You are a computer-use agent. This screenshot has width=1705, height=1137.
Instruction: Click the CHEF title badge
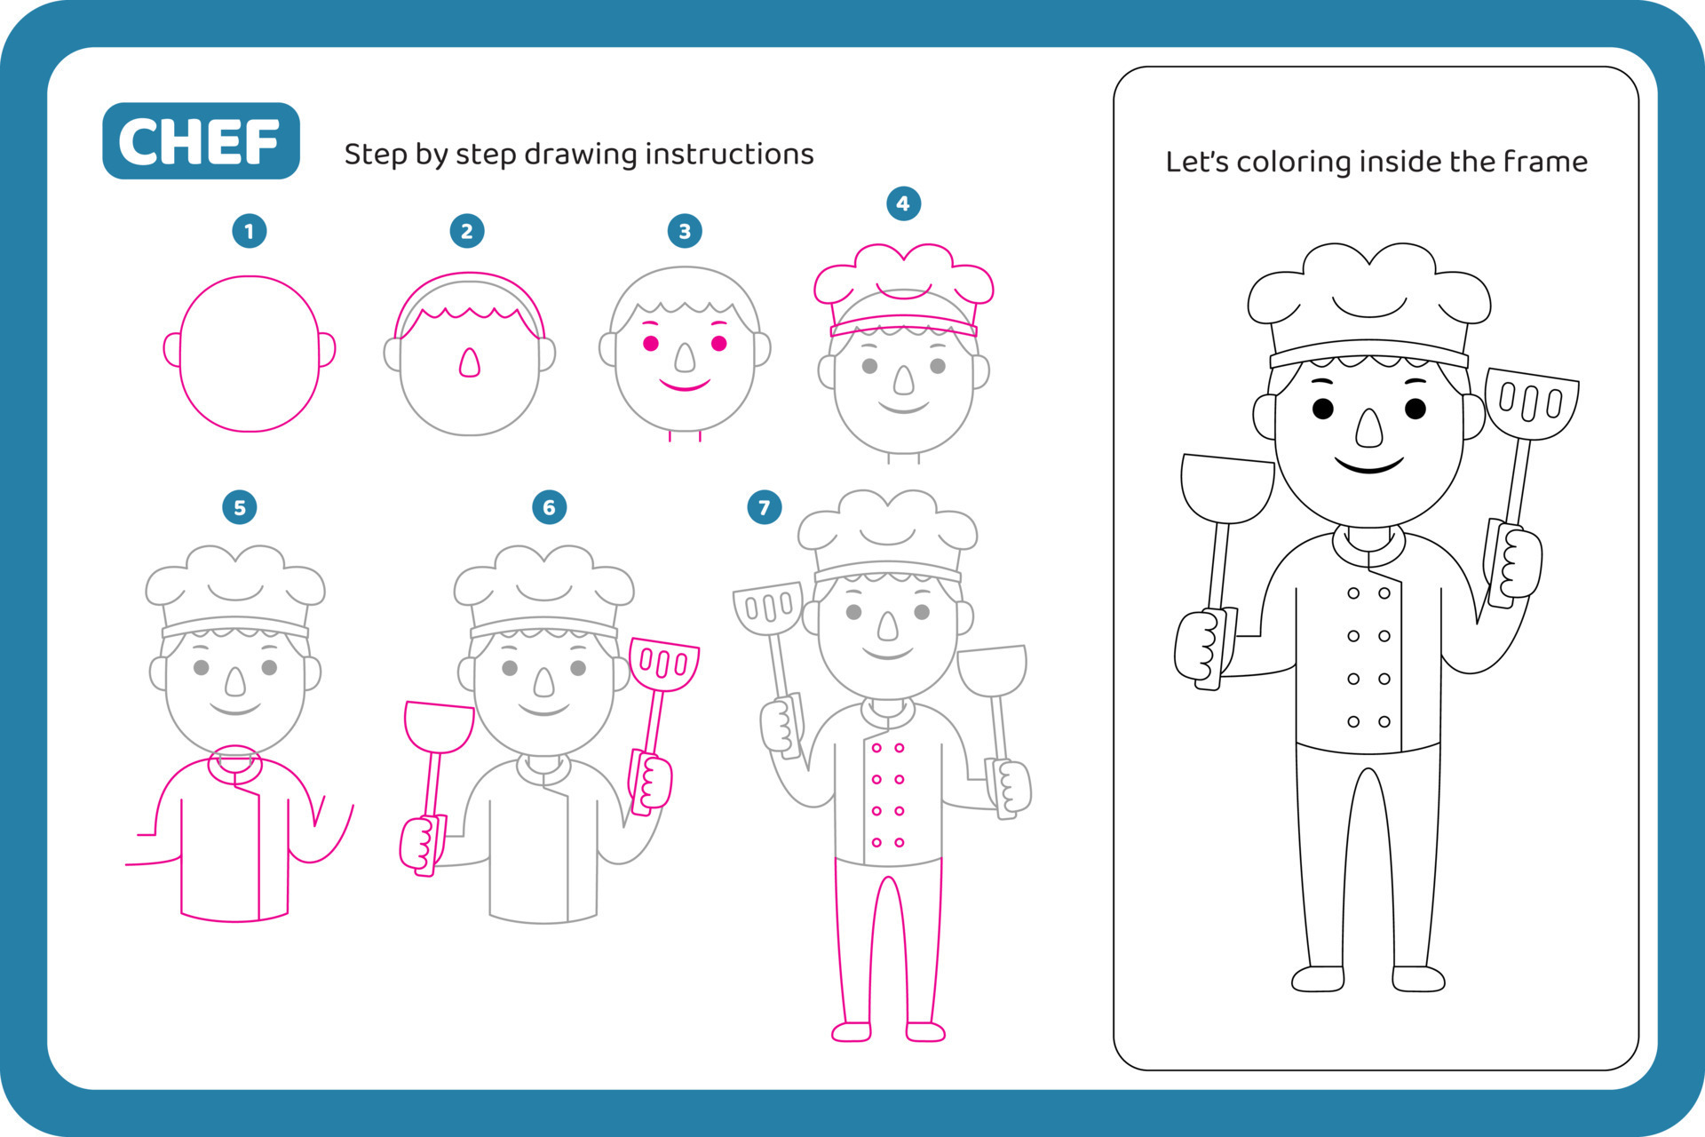pyautogui.click(x=201, y=141)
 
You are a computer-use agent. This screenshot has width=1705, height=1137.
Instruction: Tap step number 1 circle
pyautogui.click(x=250, y=232)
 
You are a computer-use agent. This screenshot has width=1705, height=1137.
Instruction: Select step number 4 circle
pyautogui.click(x=903, y=203)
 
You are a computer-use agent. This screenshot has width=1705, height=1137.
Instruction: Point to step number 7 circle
pyautogui.click(x=764, y=508)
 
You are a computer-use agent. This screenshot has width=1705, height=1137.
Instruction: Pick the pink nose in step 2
pyautogui.click(x=469, y=362)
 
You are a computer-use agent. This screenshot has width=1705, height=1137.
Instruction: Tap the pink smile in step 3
pyautogui.click(x=685, y=385)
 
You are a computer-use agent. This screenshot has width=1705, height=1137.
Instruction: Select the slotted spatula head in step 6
pyautogui.click(x=664, y=663)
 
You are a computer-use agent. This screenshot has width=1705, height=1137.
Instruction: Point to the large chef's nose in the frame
pyautogui.click(x=1369, y=428)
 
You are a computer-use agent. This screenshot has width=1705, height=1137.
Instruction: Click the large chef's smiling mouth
pyautogui.click(x=1368, y=465)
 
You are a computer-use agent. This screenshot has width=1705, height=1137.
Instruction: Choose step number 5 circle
pyautogui.click(x=240, y=508)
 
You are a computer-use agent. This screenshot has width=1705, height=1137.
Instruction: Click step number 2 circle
pyautogui.click(x=467, y=232)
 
